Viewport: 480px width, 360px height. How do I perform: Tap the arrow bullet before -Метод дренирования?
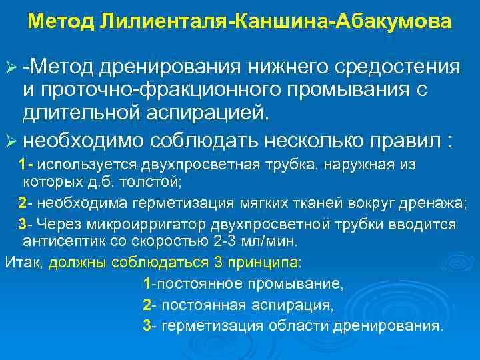tap(10, 68)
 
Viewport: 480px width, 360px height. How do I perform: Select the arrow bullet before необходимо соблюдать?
tap(10, 142)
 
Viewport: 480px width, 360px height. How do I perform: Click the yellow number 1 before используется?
tap(23, 165)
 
